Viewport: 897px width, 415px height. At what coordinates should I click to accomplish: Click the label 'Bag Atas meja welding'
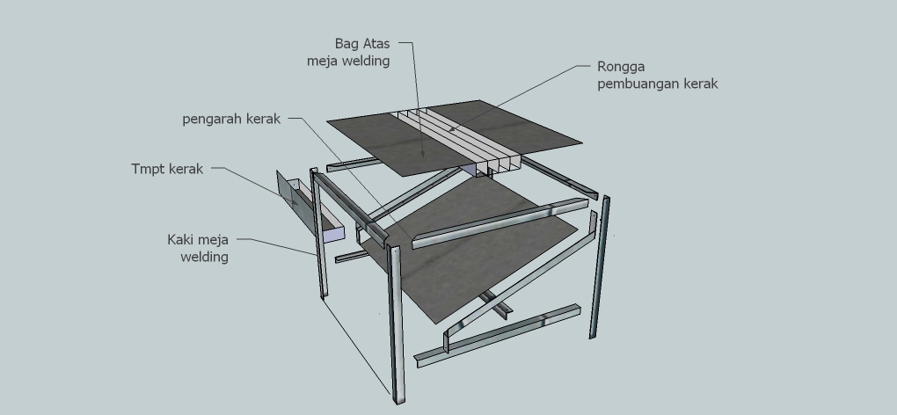pyautogui.click(x=348, y=52)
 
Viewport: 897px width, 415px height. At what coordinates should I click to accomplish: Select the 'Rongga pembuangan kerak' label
pyautogui.click(x=657, y=75)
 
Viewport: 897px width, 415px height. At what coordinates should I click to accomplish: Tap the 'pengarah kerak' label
pyautogui.click(x=231, y=119)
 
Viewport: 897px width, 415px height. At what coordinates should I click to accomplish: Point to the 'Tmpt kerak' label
pyautogui.click(x=167, y=169)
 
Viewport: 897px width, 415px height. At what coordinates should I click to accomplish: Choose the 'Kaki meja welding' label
pyautogui.click(x=198, y=248)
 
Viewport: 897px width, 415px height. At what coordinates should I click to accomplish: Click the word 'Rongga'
pyautogui.click(x=621, y=67)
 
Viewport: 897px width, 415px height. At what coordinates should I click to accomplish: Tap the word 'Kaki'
pyautogui.click(x=180, y=239)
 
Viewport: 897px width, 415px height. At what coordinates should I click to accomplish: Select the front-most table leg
pyautogui.click(x=396, y=324)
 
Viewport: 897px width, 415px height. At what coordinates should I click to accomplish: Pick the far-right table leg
pyautogui.click(x=600, y=267)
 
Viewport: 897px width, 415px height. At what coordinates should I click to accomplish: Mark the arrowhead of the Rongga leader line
pyautogui.click(x=452, y=129)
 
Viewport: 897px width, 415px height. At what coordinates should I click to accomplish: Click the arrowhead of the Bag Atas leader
pyautogui.click(x=423, y=154)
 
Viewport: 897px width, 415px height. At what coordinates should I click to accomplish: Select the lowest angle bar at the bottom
pyautogui.click(x=497, y=336)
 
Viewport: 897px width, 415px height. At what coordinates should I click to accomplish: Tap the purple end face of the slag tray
pyautogui.click(x=334, y=235)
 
